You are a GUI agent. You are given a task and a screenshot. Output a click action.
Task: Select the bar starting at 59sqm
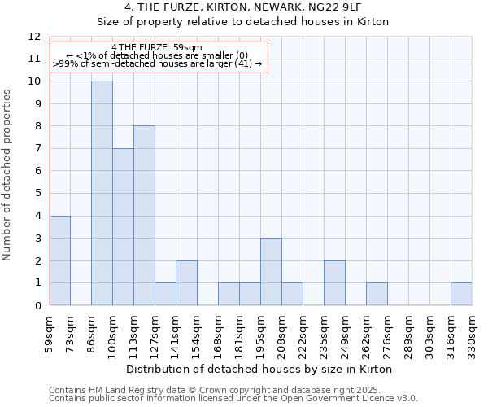(x=60, y=260)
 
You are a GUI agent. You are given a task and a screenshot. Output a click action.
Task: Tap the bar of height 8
(x=144, y=216)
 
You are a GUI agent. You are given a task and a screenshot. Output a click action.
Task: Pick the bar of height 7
(x=123, y=227)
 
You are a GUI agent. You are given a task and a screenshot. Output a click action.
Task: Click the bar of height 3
(x=271, y=272)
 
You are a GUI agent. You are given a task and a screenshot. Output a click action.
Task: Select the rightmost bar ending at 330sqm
(x=461, y=294)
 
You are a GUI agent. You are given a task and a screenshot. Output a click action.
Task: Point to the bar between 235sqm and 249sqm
(x=334, y=283)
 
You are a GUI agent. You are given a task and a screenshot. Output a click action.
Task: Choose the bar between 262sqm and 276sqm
(x=377, y=294)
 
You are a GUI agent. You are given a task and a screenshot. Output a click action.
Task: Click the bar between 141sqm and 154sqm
(x=186, y=283)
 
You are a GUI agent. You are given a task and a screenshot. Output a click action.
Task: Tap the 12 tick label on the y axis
(x=34, y=37)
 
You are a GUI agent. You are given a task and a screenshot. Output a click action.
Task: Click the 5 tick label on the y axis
(x=37, y=193)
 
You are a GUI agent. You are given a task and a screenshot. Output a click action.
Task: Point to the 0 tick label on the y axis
(x=37, y=305)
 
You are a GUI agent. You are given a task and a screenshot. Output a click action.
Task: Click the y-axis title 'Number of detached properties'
(x=7, y=175)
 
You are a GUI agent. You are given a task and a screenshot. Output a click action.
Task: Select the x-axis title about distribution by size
(x=260, y=369)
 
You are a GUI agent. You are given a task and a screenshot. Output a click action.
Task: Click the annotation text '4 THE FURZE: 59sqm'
(x=157, y=47)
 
